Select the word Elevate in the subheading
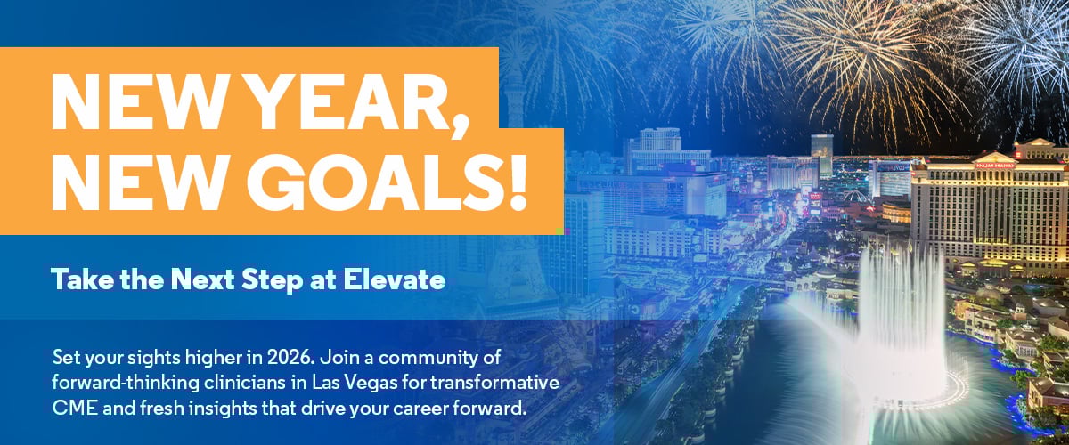click(x=394, y=280)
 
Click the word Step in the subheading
click(x=273, y=281)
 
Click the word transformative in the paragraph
click(x=495, y=383)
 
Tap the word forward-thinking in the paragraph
click(x=126, y=384)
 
